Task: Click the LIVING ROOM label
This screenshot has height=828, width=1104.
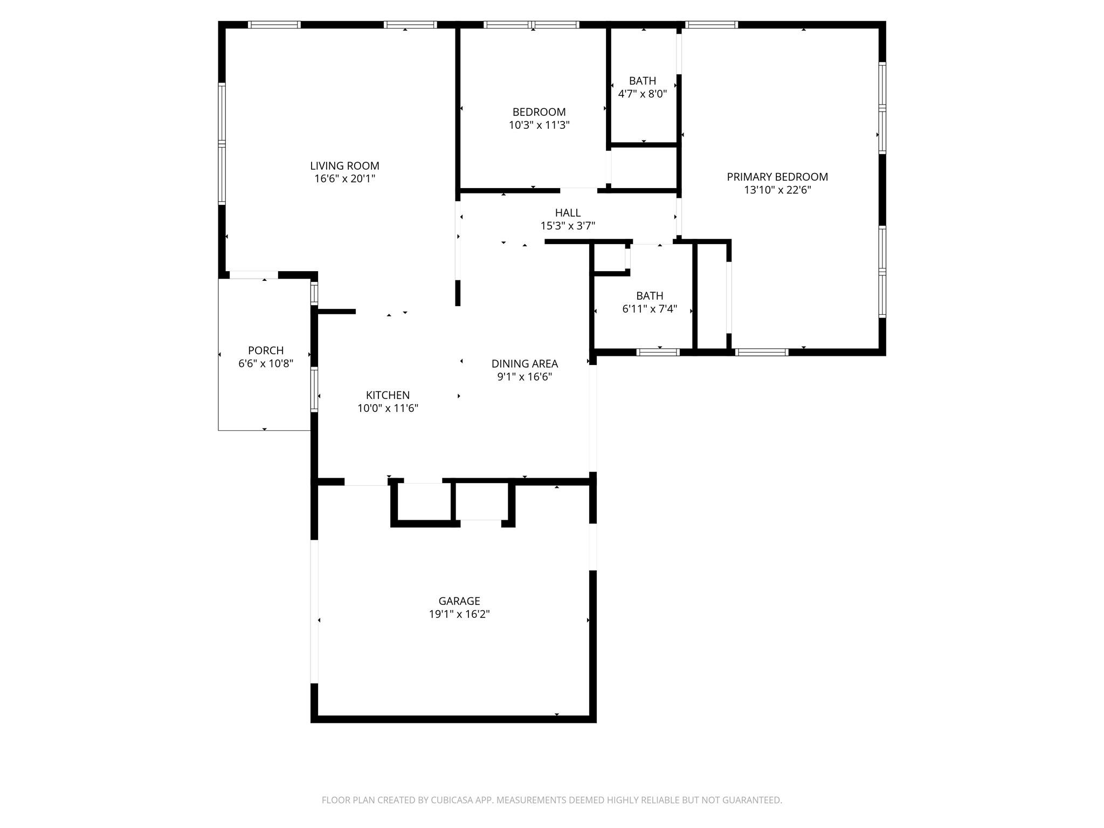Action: [x=344, y=166]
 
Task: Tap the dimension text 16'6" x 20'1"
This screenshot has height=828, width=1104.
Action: [x=344, y=179]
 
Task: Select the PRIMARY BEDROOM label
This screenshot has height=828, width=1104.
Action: [x=777, y=177]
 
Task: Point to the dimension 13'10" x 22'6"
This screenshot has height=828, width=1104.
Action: [x=777, y=190]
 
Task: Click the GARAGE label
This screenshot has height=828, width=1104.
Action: [x=459, y=601]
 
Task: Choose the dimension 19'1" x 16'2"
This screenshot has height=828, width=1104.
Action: [x=459, y=614]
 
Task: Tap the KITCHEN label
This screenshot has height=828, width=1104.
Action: [x=388, y=395]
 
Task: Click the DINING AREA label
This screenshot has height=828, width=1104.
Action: [x=525, y=364]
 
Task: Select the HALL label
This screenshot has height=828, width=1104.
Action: [x=568, y=213]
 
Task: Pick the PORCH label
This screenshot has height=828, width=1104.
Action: [x=266, y=350]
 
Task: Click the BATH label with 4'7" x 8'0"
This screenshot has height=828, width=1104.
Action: [x=643, y=81]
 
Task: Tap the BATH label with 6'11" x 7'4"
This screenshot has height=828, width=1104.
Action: [x=650, y=296]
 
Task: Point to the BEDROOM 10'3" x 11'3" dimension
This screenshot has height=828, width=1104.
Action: [x=539, y=125]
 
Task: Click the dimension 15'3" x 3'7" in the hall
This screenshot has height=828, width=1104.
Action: [x=568, y=226]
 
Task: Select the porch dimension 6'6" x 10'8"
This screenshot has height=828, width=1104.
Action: [x=266, y=363]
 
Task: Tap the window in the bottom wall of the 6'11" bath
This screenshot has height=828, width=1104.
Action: [x=658, y=353]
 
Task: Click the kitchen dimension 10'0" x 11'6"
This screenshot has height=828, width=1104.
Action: [x=388, y=408]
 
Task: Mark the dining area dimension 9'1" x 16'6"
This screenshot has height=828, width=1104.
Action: [x=525, y=377]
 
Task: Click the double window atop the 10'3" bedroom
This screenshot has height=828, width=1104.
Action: [x=532, y=24]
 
